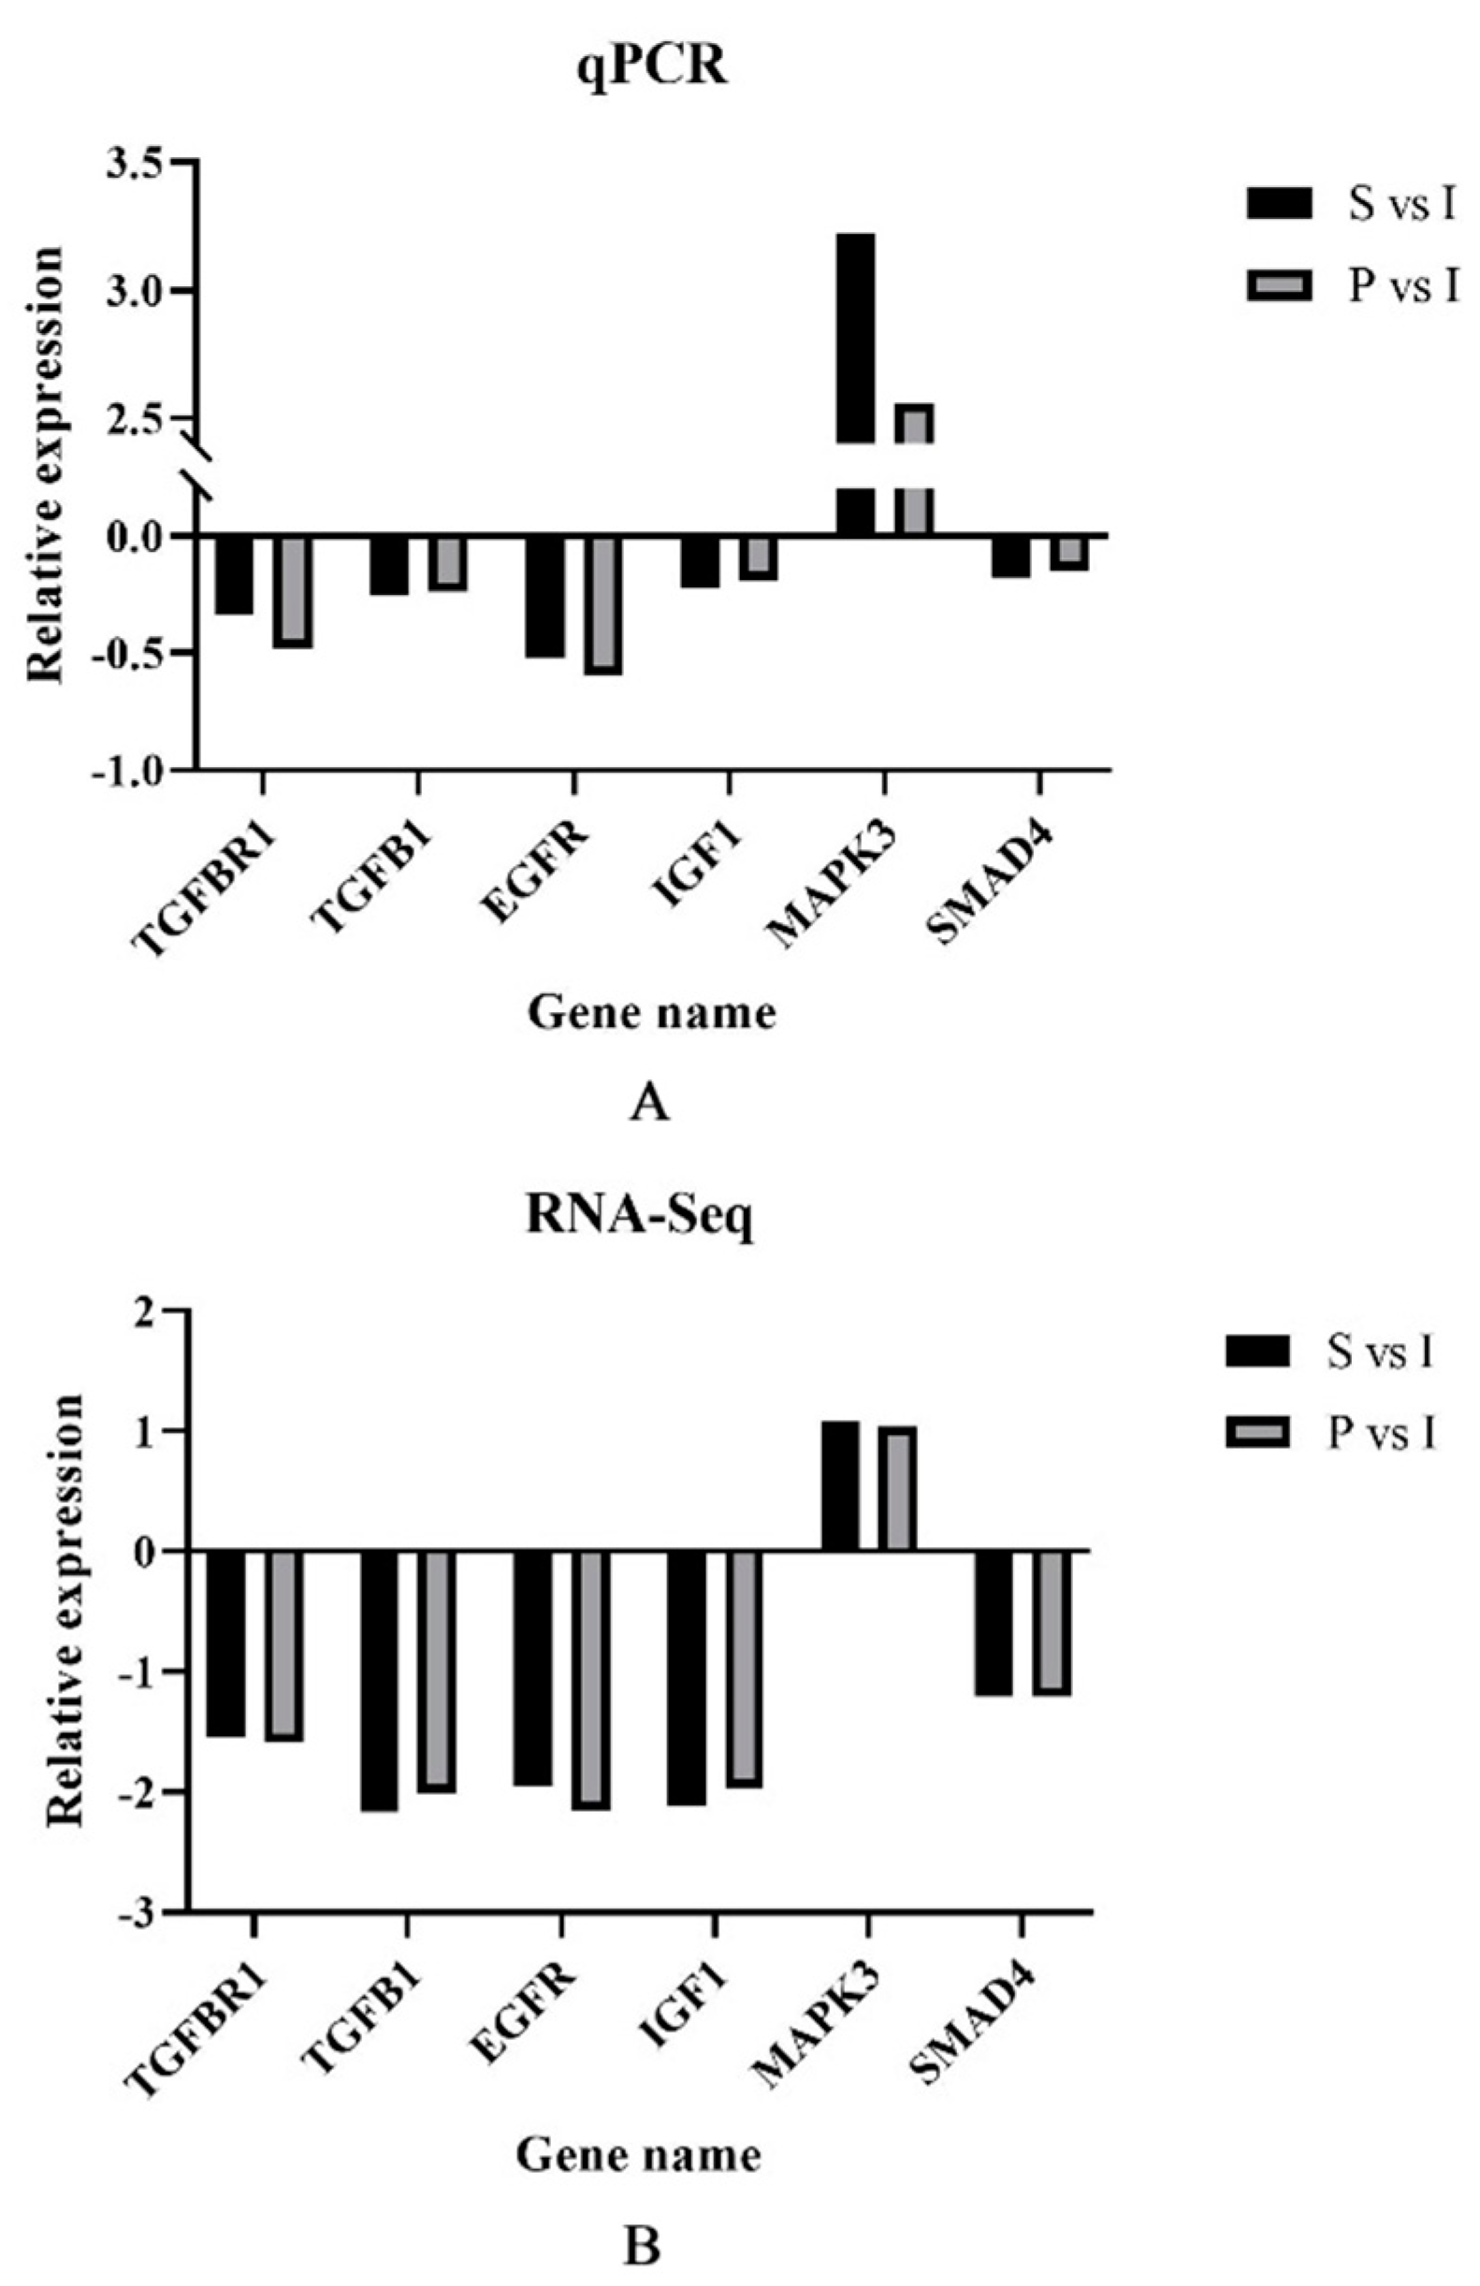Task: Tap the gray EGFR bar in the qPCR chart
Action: [x=603, y=605]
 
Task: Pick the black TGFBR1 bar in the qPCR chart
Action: [x=234, y=574]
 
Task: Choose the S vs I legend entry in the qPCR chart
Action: [x=1351, y=207]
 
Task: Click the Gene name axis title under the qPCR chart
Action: [x=652, y=1014]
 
